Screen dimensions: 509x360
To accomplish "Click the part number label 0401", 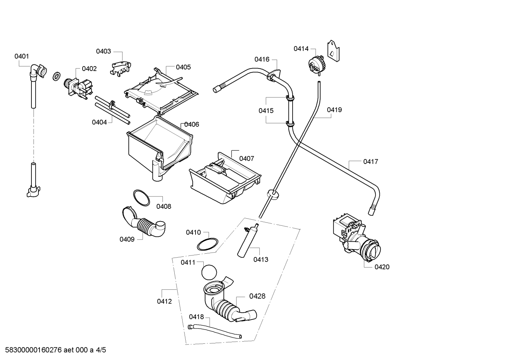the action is [x=22, y=56].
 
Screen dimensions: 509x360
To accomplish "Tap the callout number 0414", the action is [x=301, y=49].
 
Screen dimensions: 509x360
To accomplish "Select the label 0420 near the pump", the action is [x=382, y=267].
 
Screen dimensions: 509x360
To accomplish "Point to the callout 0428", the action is [x=257, y=296].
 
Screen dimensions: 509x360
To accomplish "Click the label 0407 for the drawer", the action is [x=246, y=159].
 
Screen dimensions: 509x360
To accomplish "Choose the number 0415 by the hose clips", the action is [x=266, y=111].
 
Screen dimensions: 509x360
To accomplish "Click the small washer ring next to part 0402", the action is [x=56, y=76].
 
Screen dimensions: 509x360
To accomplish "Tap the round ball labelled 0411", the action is [x=209, y=272].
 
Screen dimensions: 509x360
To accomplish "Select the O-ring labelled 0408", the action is [x=141, y=198].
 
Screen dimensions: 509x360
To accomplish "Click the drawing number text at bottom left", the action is [x=55, y=350].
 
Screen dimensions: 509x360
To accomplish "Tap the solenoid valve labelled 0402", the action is [x=78, y=89].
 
